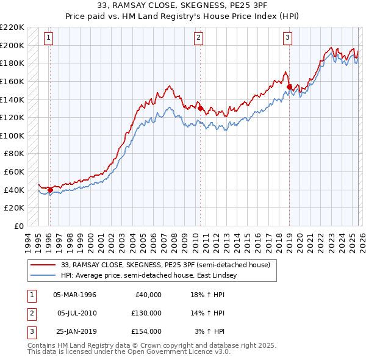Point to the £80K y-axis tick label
[x=14, y=154]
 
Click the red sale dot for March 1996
[x=50, y=190]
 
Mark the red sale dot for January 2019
[x=289, y=87]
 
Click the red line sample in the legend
[x=43, y=265]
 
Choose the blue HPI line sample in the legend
[x=43, y=276]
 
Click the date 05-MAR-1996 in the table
[x=75, y=295]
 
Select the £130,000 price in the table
[x=147, y=313]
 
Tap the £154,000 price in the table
[x=147, y=331]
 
